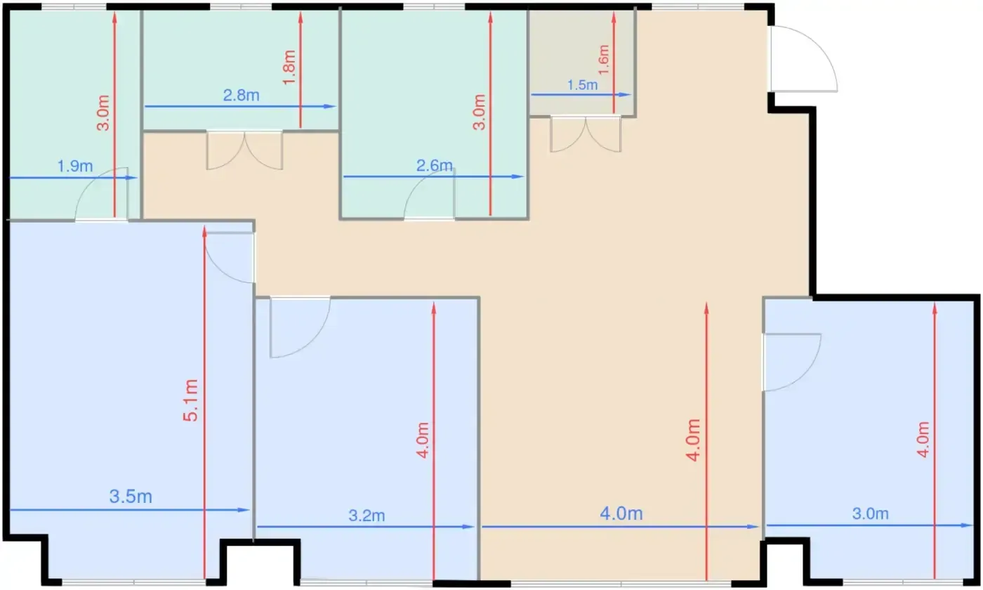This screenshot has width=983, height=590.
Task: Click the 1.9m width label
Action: click(x=75, y=166)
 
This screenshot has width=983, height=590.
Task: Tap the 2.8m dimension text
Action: click(x=241, y=96)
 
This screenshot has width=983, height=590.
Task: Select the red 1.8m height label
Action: click(x=289, y=67)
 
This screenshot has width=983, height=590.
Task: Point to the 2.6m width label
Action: click(x=434, y=166)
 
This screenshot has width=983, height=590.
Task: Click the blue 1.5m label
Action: click(x=582, y=85)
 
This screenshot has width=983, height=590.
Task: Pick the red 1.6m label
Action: click(x=604, y=59)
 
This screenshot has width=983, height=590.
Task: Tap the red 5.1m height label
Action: click(x=191, y=400)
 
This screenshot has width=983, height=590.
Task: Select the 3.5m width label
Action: click(x=131, y=497)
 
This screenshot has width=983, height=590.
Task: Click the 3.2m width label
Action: click(x=367, y=516)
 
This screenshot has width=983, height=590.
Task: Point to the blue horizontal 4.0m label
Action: click(x=621, y=513)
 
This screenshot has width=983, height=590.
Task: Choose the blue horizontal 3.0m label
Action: click(x=870, y=513)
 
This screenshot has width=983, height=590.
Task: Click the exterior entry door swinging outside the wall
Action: click(x=804, y=59)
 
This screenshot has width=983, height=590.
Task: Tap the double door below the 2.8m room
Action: click(x=244, y=150)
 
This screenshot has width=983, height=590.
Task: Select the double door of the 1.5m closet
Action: click(x=586, y=134)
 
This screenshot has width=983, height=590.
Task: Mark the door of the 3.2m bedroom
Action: click(x=301, y=327)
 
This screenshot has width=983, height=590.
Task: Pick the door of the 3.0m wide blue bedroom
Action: click(x=792, y=362)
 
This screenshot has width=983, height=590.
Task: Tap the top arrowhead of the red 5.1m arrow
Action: click(x=204, y=232)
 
